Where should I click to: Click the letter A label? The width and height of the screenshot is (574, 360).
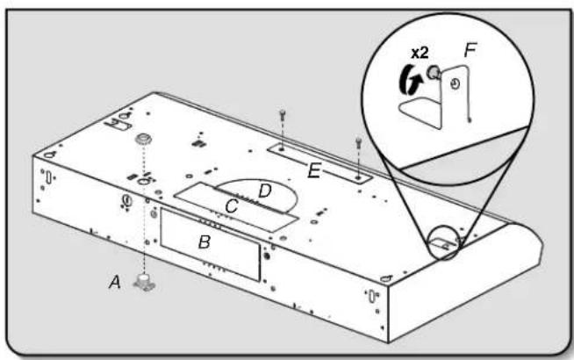(x=115, y=283)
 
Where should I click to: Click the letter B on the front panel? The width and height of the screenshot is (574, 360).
(x=204, y=242)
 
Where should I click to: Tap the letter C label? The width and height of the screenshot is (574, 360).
(x=232, y=206)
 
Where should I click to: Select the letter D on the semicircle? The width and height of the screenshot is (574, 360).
(x=265, y=191)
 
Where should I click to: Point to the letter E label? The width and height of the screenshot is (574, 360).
(x=314, y=170)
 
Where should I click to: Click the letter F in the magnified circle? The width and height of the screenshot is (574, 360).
(x=470, y=50)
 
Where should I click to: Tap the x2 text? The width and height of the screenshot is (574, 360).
(x=420, y=53)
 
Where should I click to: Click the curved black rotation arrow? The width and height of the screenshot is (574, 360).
(x=409, y=80)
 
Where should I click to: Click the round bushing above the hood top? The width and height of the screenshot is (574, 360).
(x=144, y=139)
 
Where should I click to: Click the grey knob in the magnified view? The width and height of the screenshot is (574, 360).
(x=433, y=71)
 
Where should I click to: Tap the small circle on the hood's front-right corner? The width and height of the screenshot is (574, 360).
(x=386, y=278)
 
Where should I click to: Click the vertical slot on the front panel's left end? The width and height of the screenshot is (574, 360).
(x=48, y=177)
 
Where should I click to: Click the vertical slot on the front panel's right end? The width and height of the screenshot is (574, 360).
(x=372, y=296)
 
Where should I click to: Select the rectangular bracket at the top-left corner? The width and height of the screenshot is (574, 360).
(x=118, y=125)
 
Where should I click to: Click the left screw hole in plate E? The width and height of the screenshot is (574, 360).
(x=281, y=149)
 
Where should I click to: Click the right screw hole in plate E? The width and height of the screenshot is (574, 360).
(x=358, y=178)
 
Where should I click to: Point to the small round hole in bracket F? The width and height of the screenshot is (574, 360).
(x=455, y=84)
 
